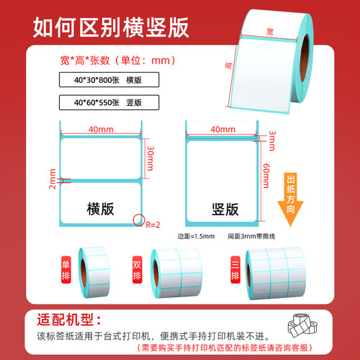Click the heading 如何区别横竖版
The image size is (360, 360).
coord(111,26)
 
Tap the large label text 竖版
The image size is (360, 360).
coord(225,208)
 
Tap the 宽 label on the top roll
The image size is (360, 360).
coord(269,32)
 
